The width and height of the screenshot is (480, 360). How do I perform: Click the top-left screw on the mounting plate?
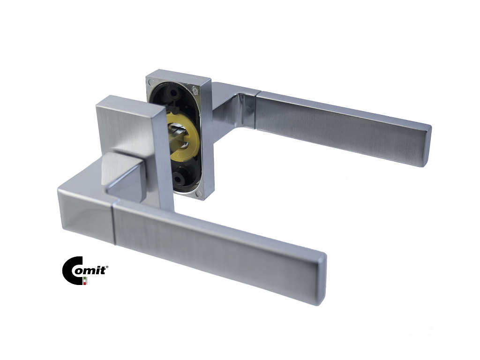click(x=150, y=82)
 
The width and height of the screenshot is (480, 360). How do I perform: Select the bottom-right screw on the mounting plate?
click(x=199, y=194)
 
